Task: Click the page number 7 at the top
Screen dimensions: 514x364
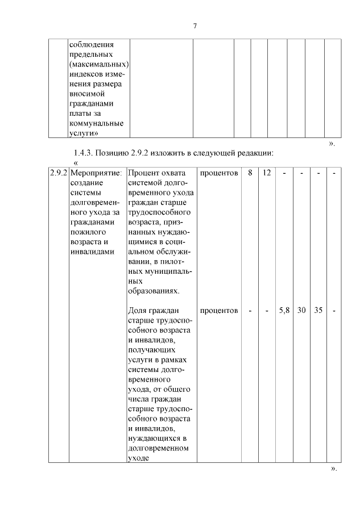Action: tap(195, 26)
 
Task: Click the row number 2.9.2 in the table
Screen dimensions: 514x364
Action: tap(57, 173)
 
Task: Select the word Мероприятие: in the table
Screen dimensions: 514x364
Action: tap(96, 173)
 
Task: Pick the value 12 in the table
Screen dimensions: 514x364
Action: tap(267, 173)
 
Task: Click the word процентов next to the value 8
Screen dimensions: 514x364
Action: tap(219, 173)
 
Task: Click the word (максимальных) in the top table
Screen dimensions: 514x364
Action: tap(99, 64)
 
